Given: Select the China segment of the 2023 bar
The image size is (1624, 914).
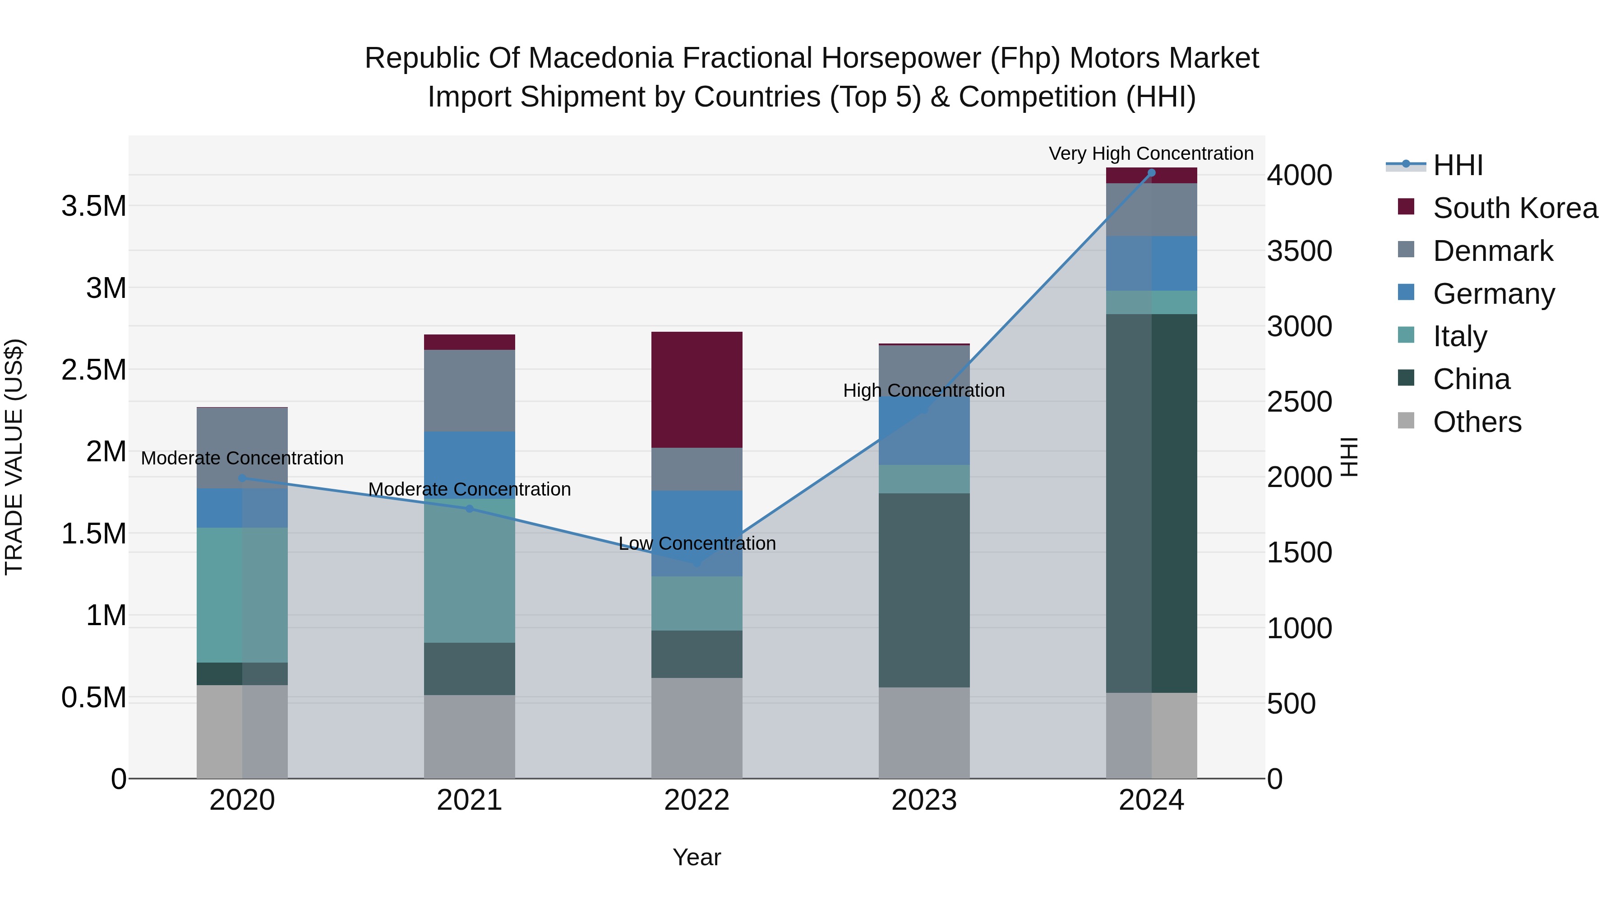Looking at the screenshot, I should coord(924,590).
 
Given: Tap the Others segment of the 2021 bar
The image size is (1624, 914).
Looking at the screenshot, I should coord(470,736).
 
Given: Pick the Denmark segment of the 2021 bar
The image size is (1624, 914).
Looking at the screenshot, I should coord(470,390).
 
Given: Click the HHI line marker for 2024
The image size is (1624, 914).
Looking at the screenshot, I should coord(1152,173).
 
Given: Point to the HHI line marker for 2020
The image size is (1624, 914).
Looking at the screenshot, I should coord(242,478).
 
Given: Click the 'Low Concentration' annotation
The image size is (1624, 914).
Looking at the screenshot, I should coord(697,543).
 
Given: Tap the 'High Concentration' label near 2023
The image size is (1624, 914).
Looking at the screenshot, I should coord(923,390).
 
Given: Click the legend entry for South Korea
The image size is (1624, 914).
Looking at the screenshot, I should coord(1515,208).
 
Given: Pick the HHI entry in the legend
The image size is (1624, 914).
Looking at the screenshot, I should coord(1457,165).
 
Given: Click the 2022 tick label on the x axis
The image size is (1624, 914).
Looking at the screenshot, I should coord(697,800).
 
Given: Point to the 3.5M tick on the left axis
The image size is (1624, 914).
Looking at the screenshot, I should coord(93,206).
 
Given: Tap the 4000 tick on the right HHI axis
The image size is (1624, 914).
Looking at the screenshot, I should coord(1299,176).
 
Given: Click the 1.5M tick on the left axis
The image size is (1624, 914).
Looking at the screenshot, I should coord(93,534).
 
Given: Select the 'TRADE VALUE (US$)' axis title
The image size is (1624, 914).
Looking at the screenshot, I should coord(14,457).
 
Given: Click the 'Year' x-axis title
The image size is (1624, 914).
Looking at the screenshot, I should coord(697,857).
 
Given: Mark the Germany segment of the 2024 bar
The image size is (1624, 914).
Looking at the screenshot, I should coord(1152,263).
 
